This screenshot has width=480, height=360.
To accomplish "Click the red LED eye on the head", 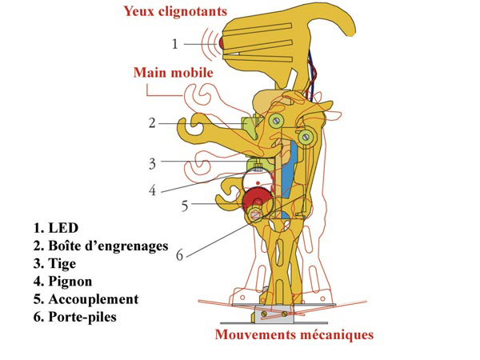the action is pos(222,43).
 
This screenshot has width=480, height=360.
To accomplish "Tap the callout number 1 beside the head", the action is pos(174,44).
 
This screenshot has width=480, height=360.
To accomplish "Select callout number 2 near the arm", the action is pos(152,123).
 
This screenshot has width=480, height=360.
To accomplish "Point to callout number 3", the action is pos(152,164).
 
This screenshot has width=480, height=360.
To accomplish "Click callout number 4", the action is pos(152,190).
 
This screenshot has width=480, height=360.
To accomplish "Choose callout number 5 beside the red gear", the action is pos(185,206).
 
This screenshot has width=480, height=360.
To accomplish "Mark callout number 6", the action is pos(180,255).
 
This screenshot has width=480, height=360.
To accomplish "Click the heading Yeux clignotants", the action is pos(175,11).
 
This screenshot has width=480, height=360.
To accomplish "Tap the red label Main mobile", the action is pos(174,73).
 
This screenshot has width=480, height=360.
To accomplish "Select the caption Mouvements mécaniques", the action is pos(294,334).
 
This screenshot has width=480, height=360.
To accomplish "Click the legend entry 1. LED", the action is pos(56,228).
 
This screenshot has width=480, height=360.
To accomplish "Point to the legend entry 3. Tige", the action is pos(54,264).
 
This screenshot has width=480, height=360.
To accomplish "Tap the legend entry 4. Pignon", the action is pos(62,282).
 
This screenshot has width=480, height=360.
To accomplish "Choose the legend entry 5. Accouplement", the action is pos(86,299).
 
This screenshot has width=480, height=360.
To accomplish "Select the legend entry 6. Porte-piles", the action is pos(75,317).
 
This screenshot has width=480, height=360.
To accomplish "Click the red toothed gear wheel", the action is pos(257,201).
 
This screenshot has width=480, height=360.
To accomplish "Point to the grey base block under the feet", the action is pos(274,314).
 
